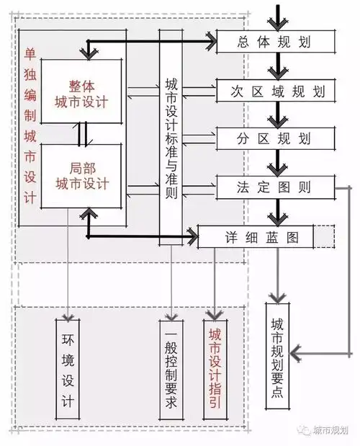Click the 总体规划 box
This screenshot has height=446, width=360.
click(274, 42)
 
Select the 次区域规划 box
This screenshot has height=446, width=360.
click(274, 91)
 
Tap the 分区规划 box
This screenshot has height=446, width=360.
click(274, 138)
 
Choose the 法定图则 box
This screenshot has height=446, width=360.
click(274, 187)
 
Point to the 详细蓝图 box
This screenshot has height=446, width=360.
click(255, 236)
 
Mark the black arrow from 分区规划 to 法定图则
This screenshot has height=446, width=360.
click(274, 162)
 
